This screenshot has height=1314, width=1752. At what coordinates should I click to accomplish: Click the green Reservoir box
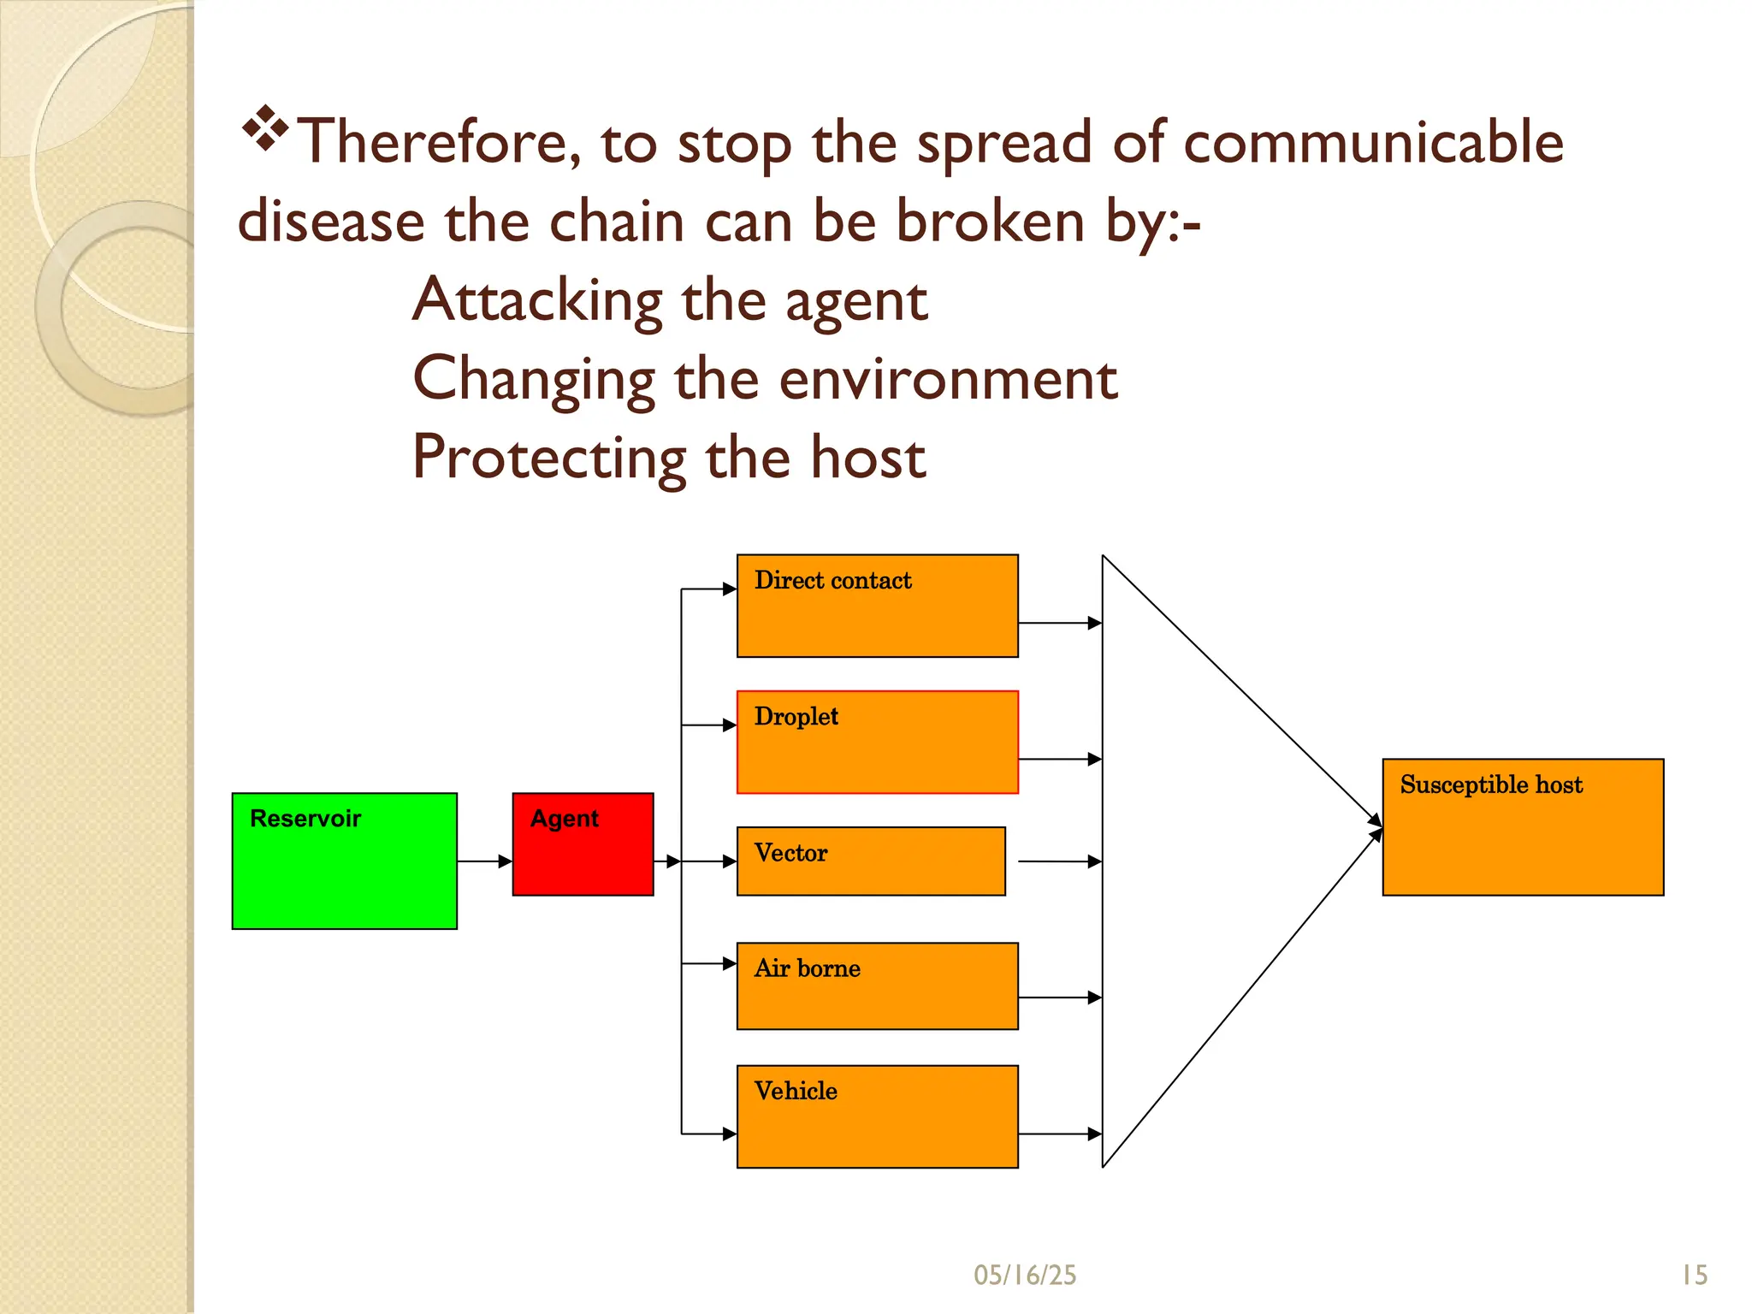(344, 861)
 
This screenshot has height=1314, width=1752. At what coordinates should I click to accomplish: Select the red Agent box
(583, 844)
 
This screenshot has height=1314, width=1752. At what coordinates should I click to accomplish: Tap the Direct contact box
(877, 606)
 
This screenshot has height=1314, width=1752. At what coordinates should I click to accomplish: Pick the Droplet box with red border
(877, 742)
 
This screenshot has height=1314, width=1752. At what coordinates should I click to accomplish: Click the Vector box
(870, 861)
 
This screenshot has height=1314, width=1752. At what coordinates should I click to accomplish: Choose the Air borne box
(877, 985)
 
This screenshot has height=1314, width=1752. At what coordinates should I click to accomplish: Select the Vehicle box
(877, 1116)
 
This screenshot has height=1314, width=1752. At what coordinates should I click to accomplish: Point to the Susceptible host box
(1522, 827)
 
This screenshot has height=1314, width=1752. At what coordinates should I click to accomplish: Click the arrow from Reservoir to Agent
(484, 861)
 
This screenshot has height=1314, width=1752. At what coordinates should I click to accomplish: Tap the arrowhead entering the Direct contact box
(730, 589)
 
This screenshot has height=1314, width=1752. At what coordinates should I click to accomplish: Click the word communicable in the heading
(1372, 142)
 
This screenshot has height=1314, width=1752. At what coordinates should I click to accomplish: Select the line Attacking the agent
(669, 300)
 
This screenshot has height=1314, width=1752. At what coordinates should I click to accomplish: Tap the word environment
(948, 379)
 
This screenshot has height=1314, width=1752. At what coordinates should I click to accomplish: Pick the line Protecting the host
(668, 458)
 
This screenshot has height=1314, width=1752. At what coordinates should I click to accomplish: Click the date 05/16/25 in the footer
(1024, 1275)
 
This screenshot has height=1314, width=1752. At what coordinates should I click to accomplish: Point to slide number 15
(1694, 1275)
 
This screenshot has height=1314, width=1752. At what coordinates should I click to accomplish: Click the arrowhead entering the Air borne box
(730, 964)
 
